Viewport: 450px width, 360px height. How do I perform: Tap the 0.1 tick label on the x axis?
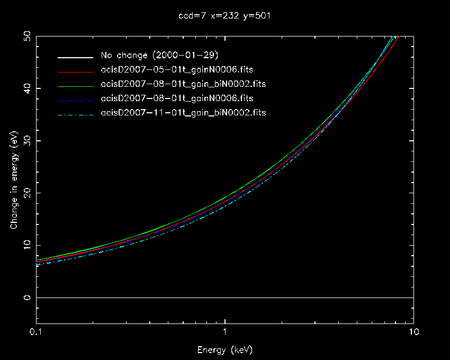point(37,332)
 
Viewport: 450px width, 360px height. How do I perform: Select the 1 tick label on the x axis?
point(225,332)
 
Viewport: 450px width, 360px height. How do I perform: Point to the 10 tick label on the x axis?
point(413,332)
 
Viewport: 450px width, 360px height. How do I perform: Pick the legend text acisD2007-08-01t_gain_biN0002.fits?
point(183,84)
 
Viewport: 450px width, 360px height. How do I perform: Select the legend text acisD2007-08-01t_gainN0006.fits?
point(177,98)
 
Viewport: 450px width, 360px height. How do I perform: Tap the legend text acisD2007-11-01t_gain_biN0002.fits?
point(183,113)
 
